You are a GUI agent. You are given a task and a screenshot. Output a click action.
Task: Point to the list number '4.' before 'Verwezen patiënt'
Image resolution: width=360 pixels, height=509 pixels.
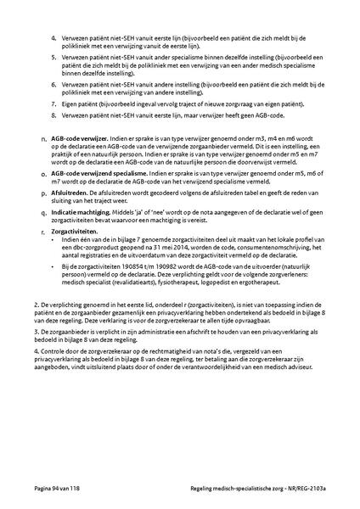click(x=55, y=38)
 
